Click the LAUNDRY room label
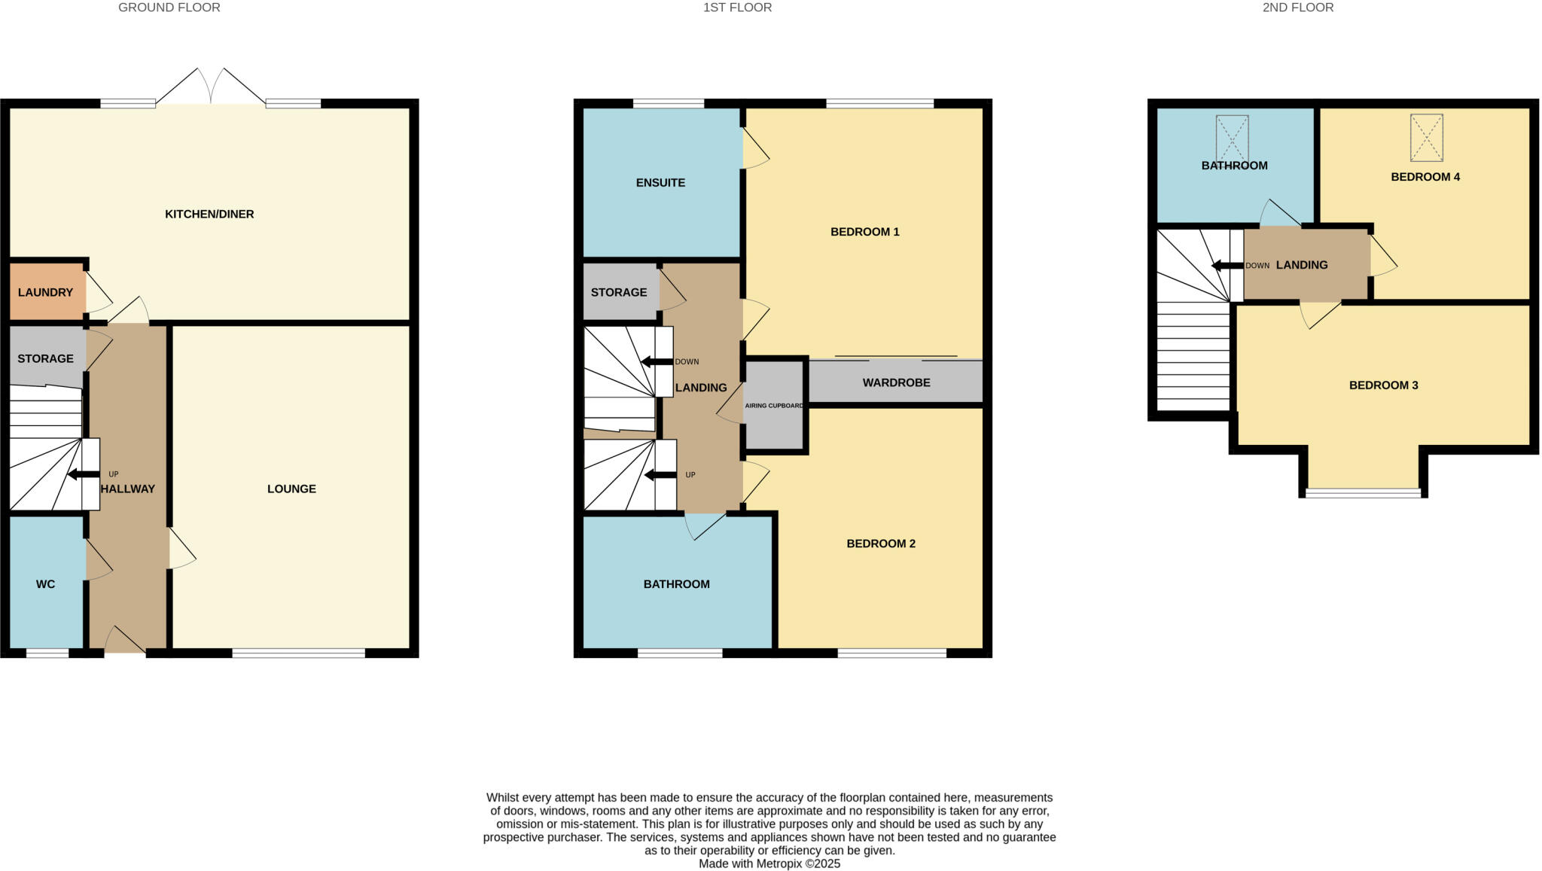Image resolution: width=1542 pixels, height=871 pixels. [x=45, y=292]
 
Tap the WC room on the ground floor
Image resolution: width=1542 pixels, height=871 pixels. [x=45, y=584]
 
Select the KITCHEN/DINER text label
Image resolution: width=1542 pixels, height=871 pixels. [x=209, y=214]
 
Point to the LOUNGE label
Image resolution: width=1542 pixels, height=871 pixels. [x=291, y=489]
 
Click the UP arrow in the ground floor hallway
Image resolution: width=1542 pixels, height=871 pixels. [x=83, y=474]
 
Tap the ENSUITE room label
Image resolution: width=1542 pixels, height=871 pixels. [x=660, y=182]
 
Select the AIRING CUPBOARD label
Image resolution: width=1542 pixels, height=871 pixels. [x=774, y=406]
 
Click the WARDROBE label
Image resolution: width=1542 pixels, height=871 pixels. [x=896, y=382]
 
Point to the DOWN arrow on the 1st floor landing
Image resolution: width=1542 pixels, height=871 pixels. [x=657, y=362]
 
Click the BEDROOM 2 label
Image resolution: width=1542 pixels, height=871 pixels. [x=881, y=544]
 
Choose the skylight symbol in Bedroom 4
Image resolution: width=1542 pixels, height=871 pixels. [x=1426, y=138]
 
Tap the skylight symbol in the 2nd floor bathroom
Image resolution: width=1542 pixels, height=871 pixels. [x=1232, y=138]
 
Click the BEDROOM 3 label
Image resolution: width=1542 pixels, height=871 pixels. [x=1383, y=385]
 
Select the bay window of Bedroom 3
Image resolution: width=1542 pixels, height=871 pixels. [x=1363, y=493]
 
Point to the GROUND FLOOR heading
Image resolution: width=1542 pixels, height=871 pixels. [x=169, y=8]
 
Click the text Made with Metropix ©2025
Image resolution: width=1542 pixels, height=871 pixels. [x=769, y=863]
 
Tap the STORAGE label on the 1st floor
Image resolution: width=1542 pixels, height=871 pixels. [x=618, y=292]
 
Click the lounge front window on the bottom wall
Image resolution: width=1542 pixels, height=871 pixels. [x=298, y=653]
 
